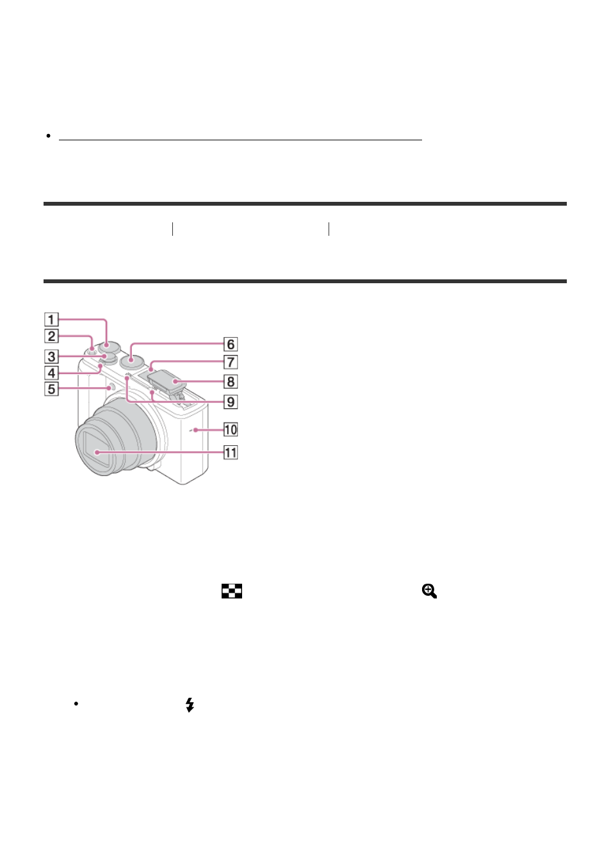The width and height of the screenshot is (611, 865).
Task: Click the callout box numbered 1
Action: (51, 319)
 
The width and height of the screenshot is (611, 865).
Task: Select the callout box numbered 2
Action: (51, 336)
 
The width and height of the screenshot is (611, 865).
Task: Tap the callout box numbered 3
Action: (51, 356)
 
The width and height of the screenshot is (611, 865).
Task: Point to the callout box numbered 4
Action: (51, 373)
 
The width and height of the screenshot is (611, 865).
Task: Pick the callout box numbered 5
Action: (51, 389)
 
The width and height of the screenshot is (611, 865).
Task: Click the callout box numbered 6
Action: (231, 344)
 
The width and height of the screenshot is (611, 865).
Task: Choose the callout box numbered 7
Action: (231, 362)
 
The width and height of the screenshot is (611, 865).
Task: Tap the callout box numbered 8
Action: (231, 381)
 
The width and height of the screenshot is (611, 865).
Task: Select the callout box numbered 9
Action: (231, 402)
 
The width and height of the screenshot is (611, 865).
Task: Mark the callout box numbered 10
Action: (231, 429)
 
